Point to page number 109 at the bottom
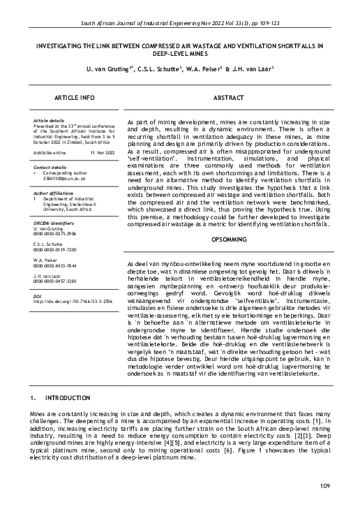point(324,485)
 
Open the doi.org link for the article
point(68,302)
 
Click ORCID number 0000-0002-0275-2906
point(59,233)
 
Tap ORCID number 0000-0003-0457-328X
point(59,281)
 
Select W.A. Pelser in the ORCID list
point(47,260)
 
